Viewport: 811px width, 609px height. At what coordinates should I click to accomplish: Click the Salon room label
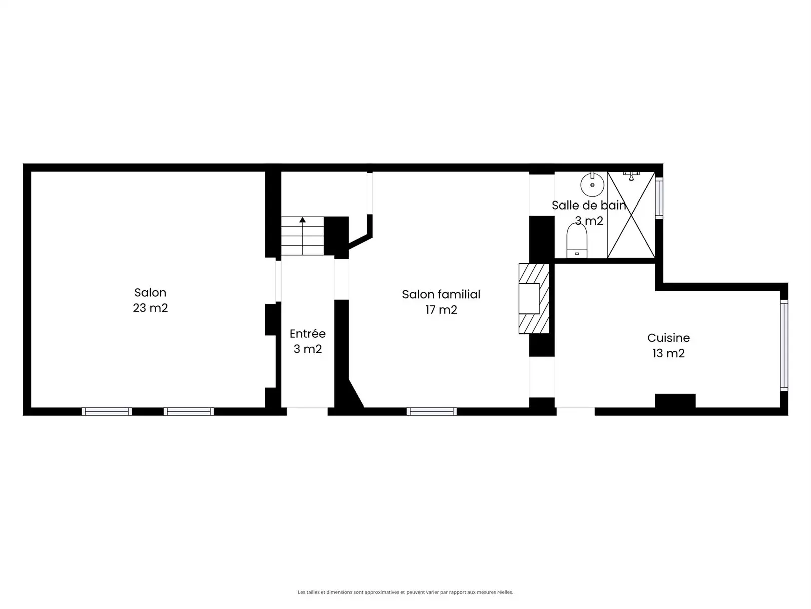pos(150,293)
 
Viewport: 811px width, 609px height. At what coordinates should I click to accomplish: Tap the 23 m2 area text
pos(150,308)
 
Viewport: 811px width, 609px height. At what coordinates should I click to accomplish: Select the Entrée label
pos(307,333)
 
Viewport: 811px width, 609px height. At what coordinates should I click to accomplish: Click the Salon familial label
pos(441,294)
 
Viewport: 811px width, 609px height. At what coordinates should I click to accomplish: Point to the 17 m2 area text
pos(441,309)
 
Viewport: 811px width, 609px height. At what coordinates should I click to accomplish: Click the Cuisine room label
pos(668,338)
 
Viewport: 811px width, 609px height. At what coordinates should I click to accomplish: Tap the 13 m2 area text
pos(668,353)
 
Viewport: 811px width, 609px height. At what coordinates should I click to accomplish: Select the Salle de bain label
pos(589,205)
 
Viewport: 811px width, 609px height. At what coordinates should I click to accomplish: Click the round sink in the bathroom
pos(592,184)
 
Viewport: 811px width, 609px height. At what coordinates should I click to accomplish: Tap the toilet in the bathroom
pos(576,241)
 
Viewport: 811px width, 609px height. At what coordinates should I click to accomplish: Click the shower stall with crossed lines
pos(631,215)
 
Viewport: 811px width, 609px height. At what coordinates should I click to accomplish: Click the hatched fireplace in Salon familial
pos(534,298)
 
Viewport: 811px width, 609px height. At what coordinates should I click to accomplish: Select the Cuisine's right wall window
pos(784,345)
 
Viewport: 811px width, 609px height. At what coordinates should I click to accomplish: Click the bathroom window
pos(659,198)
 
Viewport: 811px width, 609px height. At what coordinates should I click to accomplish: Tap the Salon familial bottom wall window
pos(431,411)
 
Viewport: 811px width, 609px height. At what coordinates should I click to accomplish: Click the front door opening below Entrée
pos(307,411)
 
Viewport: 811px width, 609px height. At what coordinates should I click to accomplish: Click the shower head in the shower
pos(631,176)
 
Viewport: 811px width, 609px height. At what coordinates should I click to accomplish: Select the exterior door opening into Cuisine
pos(575,411)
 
